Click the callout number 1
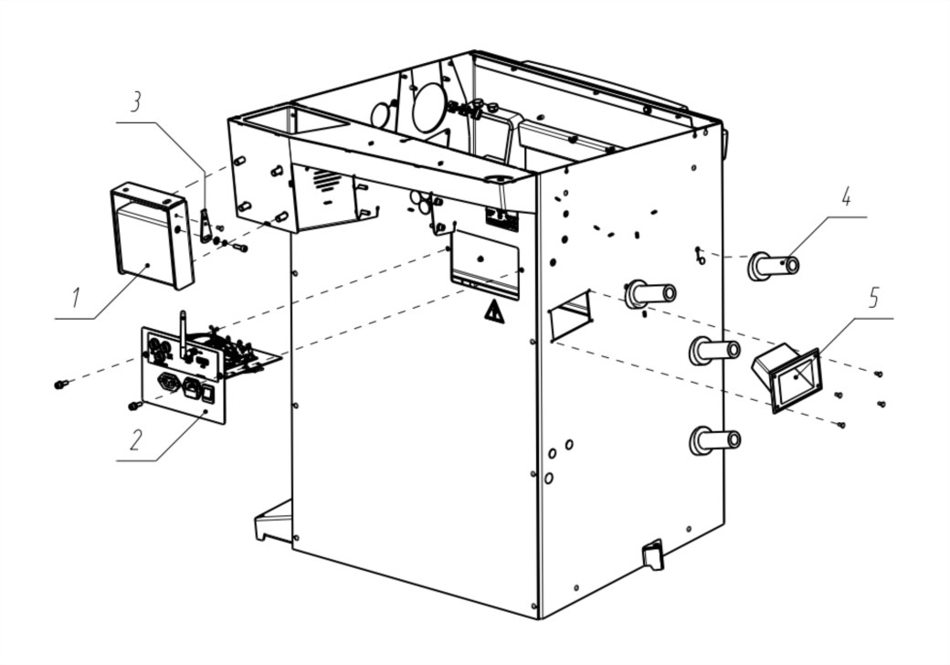pos(76,297)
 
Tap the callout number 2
pos(135,439)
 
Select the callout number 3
pos(136,100)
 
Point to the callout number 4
pos(846,197)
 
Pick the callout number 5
pos(874,297)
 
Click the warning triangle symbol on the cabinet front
pos(493,312)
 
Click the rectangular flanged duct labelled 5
pos(787,375)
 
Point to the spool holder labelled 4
pos(773,266)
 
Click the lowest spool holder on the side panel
pos(714,440)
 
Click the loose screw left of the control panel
pos(61,385)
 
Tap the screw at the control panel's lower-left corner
pos(135,404)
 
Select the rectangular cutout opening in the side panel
pos(571,315)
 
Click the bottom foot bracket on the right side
pos(652,554)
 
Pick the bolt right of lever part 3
pos(240,247)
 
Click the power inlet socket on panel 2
pos(170,382)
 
